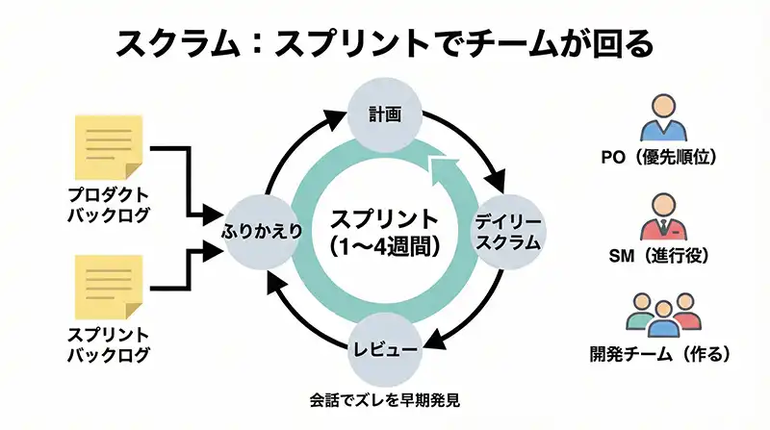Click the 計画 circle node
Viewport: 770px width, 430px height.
[384, 114]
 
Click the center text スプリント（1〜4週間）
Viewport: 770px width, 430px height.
[384, 231]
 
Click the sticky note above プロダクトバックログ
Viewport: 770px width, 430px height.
[109, 145]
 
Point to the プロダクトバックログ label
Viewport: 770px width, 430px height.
[109, 204]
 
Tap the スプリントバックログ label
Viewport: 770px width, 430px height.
[109, 345]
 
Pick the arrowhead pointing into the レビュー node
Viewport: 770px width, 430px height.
[434, 338]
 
